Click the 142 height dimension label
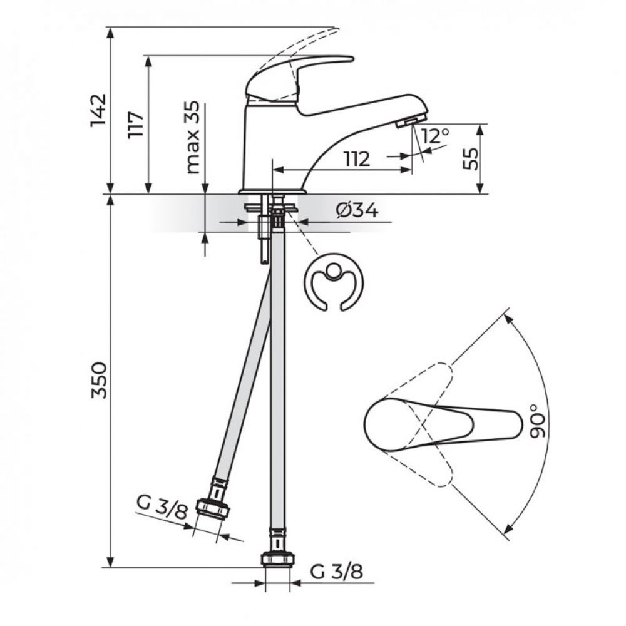pyautogui.click(x=98, y=110)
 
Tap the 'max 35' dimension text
pyautogui.click(x=193, y=137)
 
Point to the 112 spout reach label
pyautogui.click(x=357, y=159)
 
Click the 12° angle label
pyautogui.click(x=434, y=136)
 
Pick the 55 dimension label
pyautogui.click(x=470, y=158)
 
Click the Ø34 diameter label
pyautogui.click(x=357, y=210)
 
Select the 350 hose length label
pyautogui.click(x=98, y=380)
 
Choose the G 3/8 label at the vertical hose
pyautogui.click(x=337, y=572)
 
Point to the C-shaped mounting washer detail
pyautogui.click(x=334, y=281)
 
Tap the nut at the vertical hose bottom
pyautogui.click(x=278, y=559)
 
